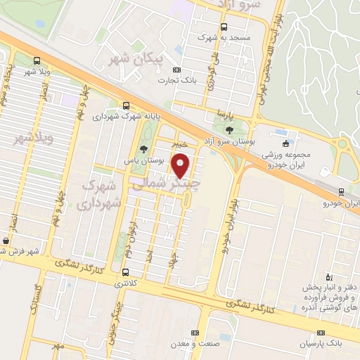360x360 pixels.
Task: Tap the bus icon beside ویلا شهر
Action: pos(36,60)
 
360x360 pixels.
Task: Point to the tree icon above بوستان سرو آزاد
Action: pos(230,129)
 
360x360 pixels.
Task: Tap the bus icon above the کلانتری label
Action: pos(125,272)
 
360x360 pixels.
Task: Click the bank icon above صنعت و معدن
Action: pos(195,333)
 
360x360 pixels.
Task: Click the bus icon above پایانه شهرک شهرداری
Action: pos(126,105)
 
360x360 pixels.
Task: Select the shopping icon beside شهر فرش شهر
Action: pos(6,241)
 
